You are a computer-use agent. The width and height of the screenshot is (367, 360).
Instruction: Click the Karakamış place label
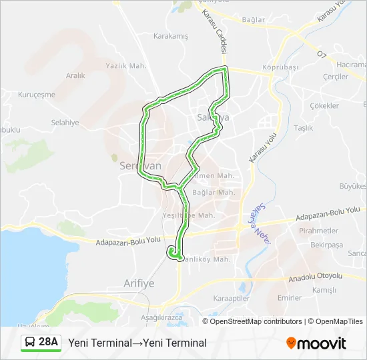coord(171,36)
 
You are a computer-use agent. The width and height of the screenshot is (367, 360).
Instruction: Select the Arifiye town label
coord(139,283)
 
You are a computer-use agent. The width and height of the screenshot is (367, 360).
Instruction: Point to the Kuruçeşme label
coord(37,95)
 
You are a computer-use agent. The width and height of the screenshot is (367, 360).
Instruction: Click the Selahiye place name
coord(65,123)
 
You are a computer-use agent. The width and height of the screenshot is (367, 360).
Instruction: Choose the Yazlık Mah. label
coord(125,65)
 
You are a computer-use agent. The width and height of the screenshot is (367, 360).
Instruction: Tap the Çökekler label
coord(324,105)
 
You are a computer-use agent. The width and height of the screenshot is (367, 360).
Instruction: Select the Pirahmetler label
coord(319,231)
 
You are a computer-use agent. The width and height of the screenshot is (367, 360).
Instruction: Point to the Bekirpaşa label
coord(326,245)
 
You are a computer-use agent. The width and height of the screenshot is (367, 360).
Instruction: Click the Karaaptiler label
coord(231,299)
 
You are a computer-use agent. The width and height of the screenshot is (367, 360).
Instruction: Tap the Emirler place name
coord(290,298)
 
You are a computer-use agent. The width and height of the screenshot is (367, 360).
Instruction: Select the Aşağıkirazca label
coord(161,318)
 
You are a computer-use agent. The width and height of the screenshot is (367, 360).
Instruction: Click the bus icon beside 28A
coord(31,343)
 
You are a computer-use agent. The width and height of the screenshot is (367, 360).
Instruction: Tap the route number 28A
coord(49,343)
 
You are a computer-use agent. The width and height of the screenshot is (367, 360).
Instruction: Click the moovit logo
coord(316,343)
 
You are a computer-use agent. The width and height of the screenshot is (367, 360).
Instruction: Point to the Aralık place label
coord(75,75)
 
